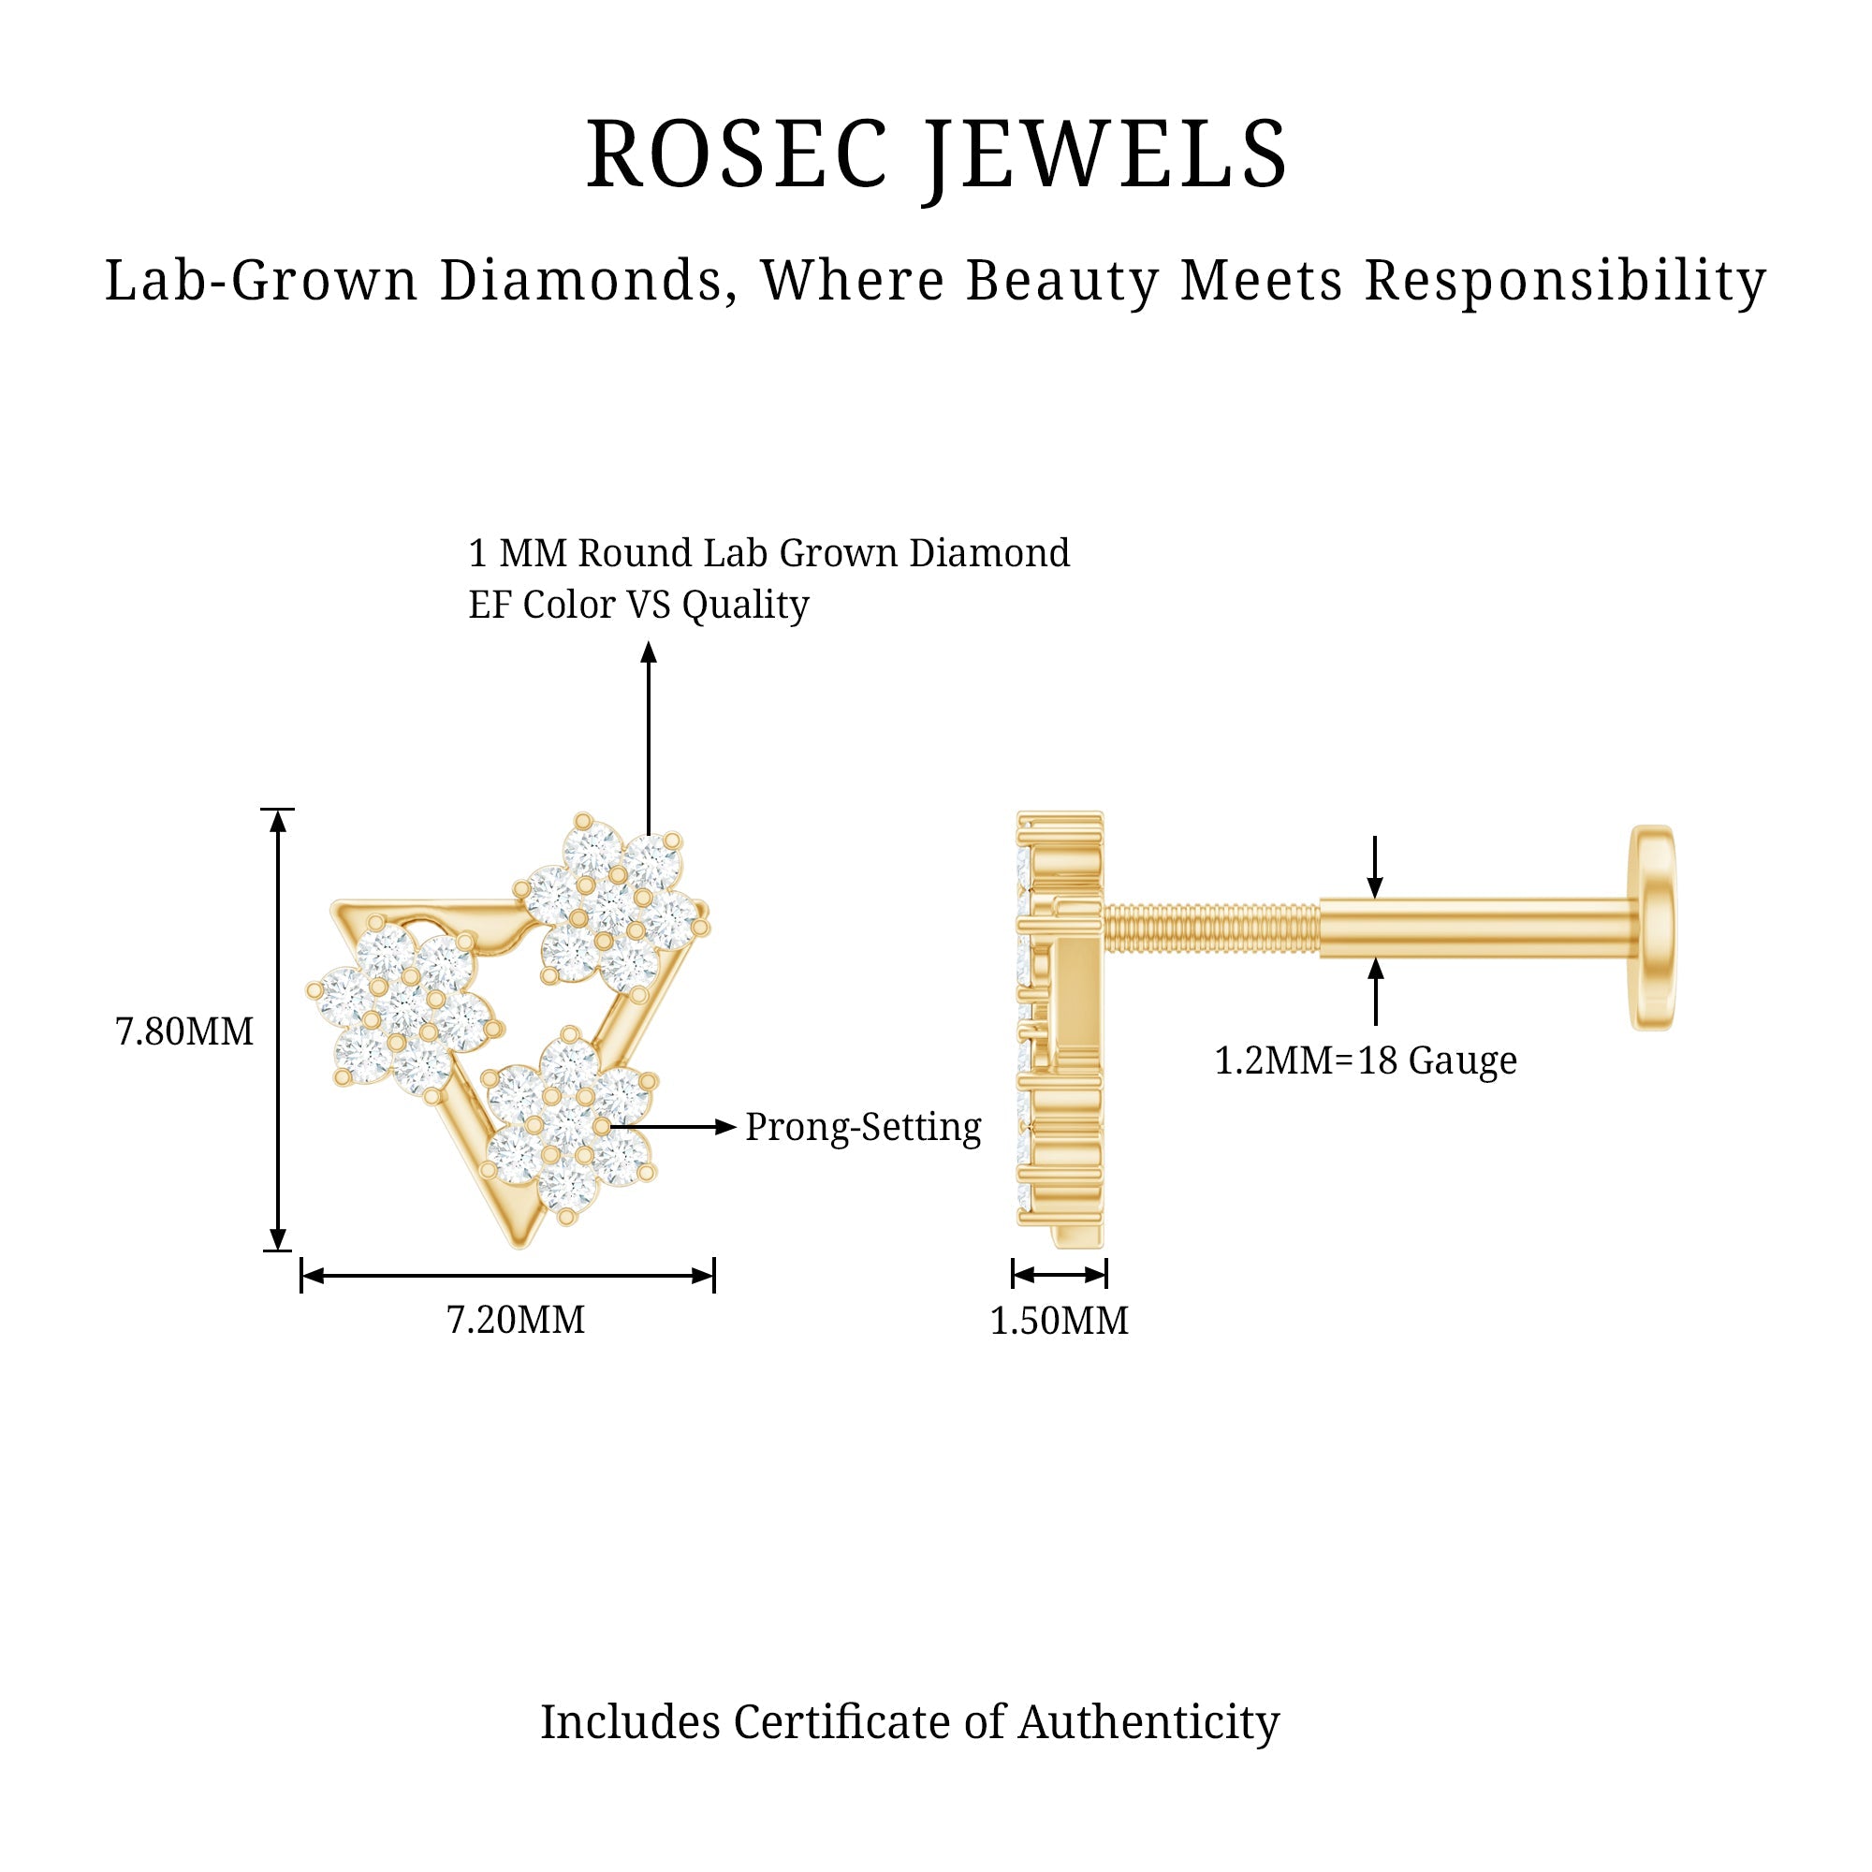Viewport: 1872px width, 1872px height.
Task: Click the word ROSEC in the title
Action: [737, 155]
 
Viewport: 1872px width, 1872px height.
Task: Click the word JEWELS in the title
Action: [1104, 155]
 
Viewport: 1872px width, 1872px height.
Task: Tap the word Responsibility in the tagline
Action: [1565, 281]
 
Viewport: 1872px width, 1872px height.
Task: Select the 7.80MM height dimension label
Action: [184, 1031]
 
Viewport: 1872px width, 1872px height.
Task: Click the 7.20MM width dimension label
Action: [516, 1320]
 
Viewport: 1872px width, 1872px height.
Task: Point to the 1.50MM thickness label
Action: [1059, 1321]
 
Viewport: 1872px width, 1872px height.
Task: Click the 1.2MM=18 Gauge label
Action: [1366, 1060]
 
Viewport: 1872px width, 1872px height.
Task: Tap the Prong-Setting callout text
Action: [862, 1127]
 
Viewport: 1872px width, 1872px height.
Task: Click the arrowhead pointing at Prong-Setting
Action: [726, 1126]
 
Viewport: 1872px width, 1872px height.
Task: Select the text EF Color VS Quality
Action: [638, 605]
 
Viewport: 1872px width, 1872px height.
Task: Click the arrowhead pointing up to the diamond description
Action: [650, 652]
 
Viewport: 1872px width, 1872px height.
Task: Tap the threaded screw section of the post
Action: [1211, 928]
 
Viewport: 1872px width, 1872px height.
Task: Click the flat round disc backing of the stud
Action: [1652, 928]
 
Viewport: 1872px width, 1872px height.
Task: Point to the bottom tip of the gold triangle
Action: [518, 1243]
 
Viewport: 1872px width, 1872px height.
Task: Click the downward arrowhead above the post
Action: [1375, 886]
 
